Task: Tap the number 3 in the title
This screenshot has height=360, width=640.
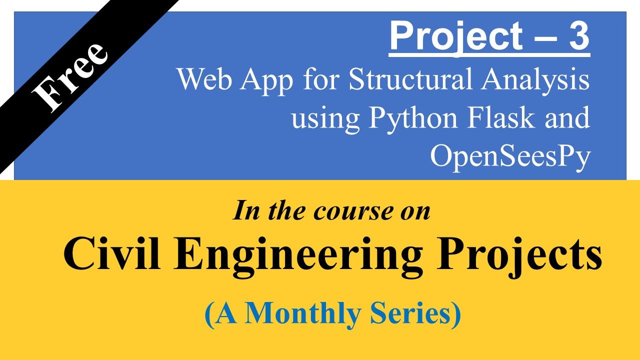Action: (x=579, y=36)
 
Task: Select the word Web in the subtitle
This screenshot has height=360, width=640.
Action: (x=204, y=79)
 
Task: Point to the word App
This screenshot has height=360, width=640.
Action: (x=266, y=81)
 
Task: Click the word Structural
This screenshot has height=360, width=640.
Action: (x=410, y=78)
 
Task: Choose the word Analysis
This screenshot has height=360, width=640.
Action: (x=535, y=81)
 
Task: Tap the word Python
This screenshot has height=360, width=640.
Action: (x=413, y=120)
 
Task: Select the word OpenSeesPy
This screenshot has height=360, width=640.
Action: (x=510, y=158)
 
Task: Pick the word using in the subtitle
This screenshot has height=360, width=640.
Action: (x=325, y=120)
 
